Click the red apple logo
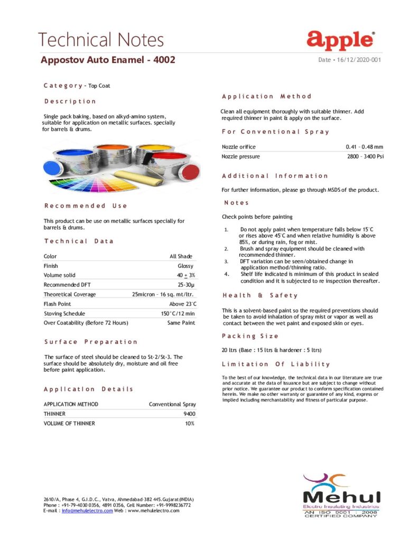[341, 40]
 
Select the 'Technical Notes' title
[101, 40]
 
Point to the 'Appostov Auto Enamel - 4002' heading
[108, 60]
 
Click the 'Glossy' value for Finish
[185, 266]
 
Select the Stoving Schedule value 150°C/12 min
[178, 313]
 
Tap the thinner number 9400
[189, 414]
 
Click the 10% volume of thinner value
[190, 423]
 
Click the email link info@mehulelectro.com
[87, 510]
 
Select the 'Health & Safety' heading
[260, 295]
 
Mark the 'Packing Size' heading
[250, 336]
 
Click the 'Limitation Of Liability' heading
[276, 364]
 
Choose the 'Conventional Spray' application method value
[172, 404]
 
